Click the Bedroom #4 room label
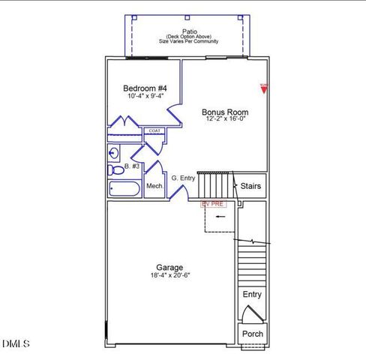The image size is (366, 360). pos(145,88)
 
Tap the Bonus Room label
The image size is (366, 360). pos(225,112)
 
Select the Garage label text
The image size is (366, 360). pos(169,267)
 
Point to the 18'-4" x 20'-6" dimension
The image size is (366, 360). pos(169,275)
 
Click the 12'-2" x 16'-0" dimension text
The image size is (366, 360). pos(225,121)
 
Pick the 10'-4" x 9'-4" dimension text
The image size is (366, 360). pos(145,97)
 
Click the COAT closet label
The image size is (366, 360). pos(154,130)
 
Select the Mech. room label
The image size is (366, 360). pos(154,186)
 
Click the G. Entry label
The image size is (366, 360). pos(183,178)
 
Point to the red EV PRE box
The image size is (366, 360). pos(213,203)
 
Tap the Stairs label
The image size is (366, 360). pos(251,185)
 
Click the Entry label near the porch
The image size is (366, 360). pos(252,294)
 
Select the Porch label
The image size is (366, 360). pos(252,334)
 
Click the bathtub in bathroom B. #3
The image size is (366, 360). pos(124,188)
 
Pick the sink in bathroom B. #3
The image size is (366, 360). pos(113,153)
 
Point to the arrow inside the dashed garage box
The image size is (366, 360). pos(220,217)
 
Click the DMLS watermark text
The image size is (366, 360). pos(16,343)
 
